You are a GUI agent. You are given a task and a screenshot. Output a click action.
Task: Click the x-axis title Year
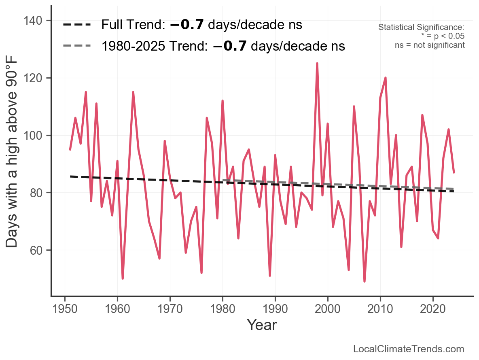262,325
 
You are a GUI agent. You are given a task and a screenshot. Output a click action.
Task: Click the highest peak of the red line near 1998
317,63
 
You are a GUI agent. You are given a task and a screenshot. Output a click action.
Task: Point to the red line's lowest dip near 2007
365,281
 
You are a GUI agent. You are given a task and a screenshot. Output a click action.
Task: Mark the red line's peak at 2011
386,78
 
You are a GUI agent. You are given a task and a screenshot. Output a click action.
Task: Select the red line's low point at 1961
123,278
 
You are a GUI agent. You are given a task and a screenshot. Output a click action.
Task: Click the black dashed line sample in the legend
77,25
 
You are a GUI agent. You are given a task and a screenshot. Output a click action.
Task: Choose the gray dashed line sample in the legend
77,46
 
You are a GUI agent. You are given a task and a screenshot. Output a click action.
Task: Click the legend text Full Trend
132,25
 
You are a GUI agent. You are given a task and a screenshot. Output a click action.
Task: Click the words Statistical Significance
421,28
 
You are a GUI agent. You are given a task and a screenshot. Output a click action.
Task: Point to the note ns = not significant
430,45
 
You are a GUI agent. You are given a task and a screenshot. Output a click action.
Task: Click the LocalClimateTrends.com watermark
409,349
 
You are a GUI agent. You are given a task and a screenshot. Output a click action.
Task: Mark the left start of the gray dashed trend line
223,180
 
